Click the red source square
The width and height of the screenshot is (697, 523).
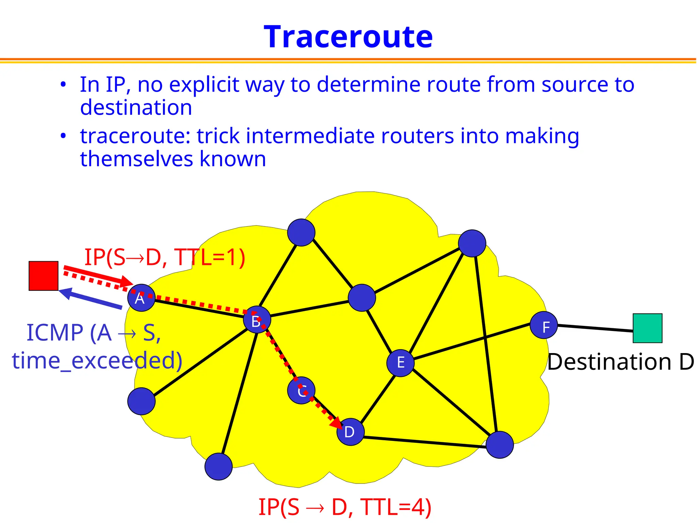tap(44, 276)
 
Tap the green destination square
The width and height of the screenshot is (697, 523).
tap(647, 328)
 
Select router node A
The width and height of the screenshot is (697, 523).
tap(141, 298)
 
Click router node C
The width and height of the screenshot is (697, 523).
tap(301, 390)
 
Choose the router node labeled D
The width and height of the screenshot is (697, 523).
tap(350, 432)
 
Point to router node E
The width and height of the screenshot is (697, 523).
tap(401, 363)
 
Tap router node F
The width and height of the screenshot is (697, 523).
tap(544, 325)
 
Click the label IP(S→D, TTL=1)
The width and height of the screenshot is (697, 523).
tap(165, 257)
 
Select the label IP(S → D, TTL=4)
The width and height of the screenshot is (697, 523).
tap(345, 507)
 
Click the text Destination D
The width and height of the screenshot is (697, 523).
tap(620, 362)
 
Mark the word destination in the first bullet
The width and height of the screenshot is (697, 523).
tap(136, 108)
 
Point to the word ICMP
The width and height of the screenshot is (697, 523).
tap(55, 333)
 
